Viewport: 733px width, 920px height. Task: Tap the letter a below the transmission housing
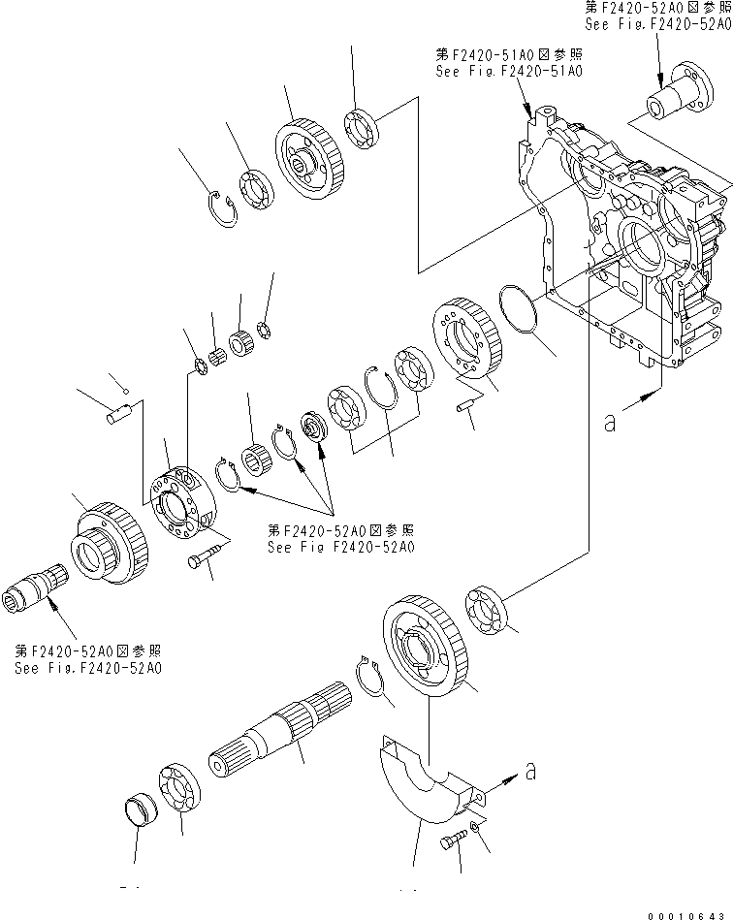pyautogui.click(x=609, y=424)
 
